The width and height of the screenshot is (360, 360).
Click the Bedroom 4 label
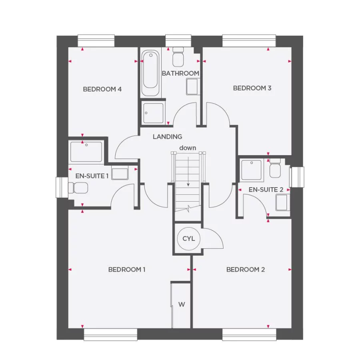[102, 89]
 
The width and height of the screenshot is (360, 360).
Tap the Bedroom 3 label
[252, 88]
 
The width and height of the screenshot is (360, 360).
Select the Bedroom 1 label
[127, 270]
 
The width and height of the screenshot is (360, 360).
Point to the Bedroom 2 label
[246, 270]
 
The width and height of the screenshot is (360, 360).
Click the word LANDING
[167, 137]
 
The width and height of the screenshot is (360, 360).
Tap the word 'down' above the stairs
[188, 148]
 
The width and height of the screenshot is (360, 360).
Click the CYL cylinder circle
[188, 239]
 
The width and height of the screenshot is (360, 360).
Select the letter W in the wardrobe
[182, 305]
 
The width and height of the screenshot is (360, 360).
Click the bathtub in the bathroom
[150, 70]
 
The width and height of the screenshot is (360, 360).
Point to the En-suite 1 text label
[92, 176]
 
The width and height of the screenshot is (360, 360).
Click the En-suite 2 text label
[266, 190]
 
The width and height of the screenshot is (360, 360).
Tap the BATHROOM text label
[180, 74]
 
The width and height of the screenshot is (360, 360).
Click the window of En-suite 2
[298, 177]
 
